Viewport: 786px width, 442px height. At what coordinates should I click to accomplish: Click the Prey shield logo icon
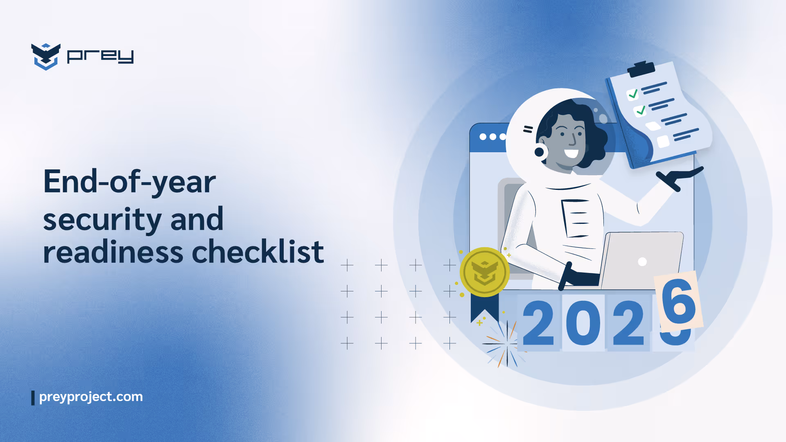[45, 56]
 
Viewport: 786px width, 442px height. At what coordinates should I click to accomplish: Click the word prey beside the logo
[100, 56]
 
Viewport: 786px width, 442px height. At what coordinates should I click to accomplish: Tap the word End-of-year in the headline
[129, 182]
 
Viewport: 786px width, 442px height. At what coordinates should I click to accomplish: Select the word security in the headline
[102, 219]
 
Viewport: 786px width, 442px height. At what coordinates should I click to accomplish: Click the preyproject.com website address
[90, 397]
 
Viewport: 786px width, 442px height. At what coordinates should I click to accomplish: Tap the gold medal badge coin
[484, 272]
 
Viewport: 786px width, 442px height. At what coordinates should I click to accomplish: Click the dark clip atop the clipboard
[641, 69]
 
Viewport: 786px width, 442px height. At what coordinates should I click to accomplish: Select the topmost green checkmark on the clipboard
[633, 94]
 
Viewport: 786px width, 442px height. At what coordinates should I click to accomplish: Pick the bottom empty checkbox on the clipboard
[663, 142]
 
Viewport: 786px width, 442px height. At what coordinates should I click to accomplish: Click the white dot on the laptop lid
[642, 262]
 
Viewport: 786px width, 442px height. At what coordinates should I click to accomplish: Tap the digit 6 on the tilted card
[678, 302]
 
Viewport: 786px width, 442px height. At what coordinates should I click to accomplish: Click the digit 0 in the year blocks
[583, 323]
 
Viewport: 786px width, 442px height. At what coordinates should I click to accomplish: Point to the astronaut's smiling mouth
[571, 153]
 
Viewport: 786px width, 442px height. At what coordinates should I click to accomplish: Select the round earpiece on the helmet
[540, 152]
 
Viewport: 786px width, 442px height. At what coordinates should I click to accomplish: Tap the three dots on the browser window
[493, 137]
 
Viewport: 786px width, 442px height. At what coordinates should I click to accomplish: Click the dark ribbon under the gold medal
[483, 307]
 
